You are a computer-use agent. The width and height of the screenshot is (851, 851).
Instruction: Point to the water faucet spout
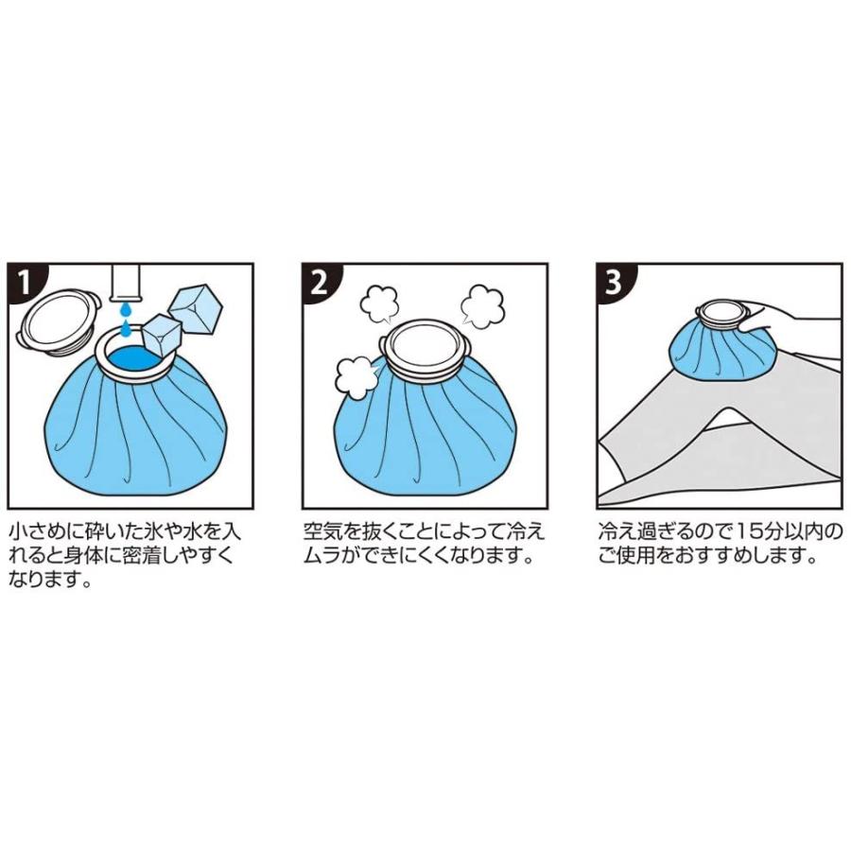126,282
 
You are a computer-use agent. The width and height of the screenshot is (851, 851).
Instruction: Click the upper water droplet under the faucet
126,309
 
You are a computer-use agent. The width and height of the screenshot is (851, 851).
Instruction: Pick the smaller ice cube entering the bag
160,336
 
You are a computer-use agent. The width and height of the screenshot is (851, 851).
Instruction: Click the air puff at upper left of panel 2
379,304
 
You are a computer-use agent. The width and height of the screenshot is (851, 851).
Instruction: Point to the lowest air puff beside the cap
356,377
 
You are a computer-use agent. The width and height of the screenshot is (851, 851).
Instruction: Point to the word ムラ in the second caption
323,556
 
